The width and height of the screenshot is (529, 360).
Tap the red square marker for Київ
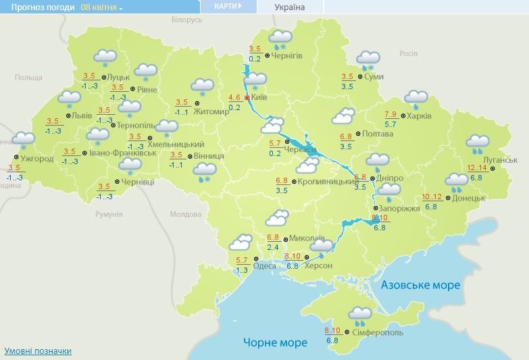[x=247, y=97]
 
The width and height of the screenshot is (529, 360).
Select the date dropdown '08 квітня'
[x=101, y=7]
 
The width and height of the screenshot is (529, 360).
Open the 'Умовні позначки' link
[x=38, y=351]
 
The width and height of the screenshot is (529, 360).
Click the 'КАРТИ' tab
[x=228, y=6]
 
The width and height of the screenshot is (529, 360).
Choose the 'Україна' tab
[x=289, y=7]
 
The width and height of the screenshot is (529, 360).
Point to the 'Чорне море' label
[x=275, y=342]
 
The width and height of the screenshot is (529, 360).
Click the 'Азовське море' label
[x=420, y=285]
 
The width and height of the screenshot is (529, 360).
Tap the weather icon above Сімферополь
[x=359, y=314]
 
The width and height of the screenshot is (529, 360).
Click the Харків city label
[x=419, y=115]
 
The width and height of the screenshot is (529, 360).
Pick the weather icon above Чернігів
[x=280, y=38]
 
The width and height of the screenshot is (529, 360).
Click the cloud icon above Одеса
[x=241, y=242]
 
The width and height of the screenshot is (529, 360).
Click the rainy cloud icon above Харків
[x=415, y=99]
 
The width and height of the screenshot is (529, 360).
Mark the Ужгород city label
[x=37, y=159]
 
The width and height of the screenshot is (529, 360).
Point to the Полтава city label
[x=378, y=134]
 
